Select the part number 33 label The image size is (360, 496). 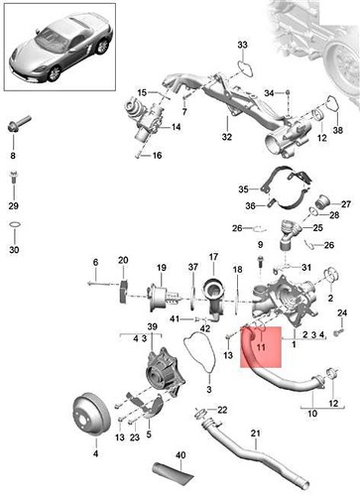click(243, 47)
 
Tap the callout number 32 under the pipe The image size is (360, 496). click(226, 138)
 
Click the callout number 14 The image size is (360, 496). click(176, 128)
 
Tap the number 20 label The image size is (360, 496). click(123, 261)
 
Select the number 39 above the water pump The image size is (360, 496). click(152, 327)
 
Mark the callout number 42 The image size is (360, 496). click(204, 327)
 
